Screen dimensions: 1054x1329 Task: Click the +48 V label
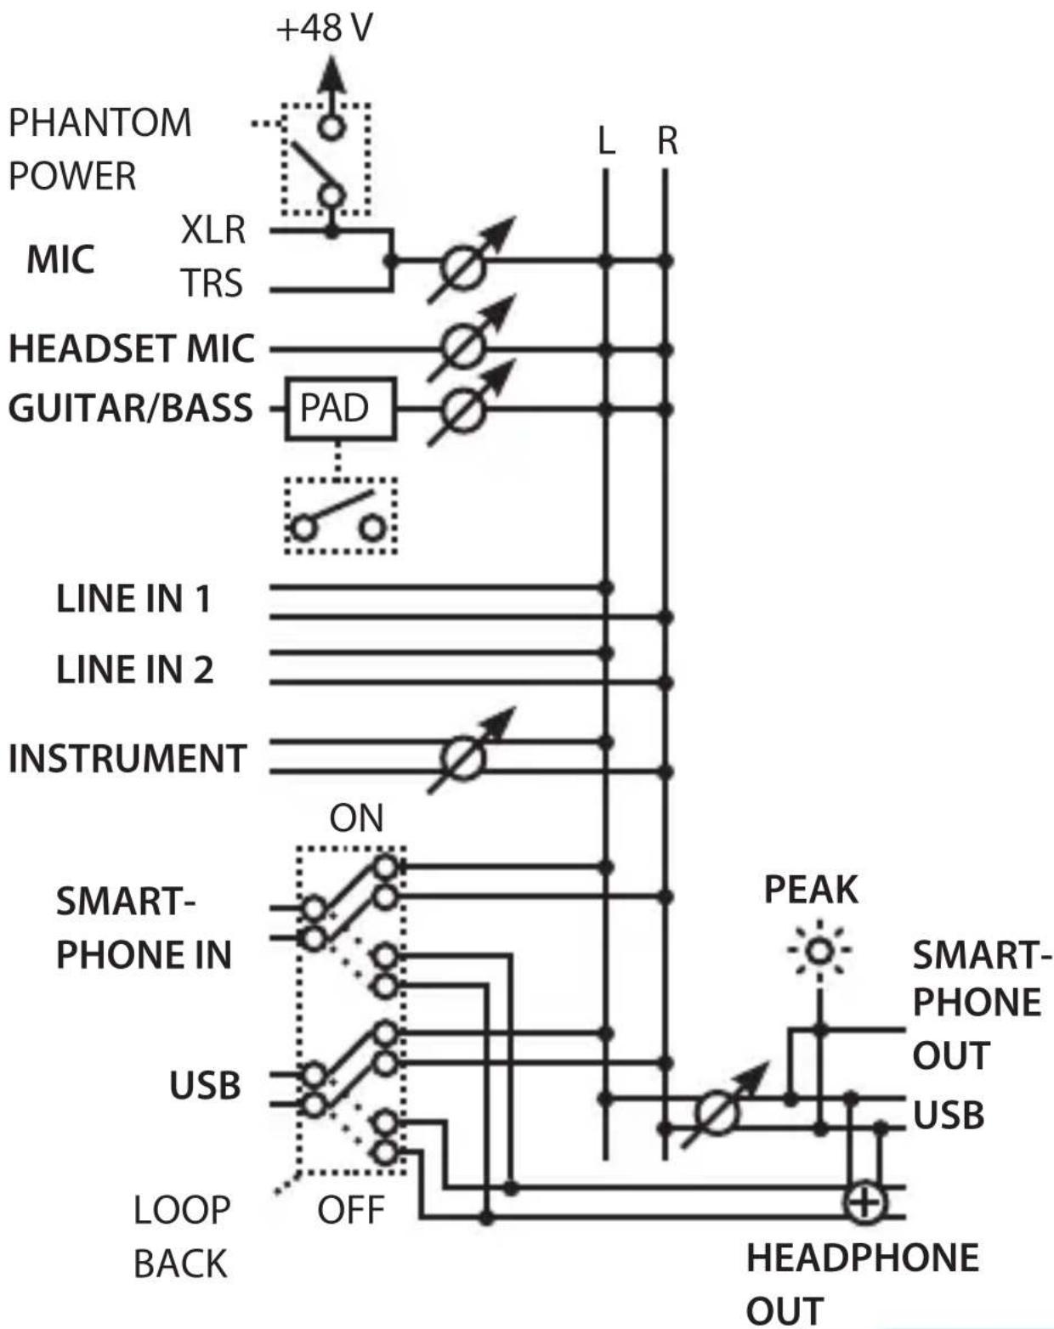pyautogui.click(x=325, y=28)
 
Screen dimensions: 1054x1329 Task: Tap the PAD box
pyautogui.click(x=340, y=408)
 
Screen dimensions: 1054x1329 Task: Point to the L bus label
pyautogui.click(x=606, y=141)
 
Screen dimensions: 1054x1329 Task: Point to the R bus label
pyautogui.click(x=667, y=141)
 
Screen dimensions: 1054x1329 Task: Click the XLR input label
pyautogui.click(x=213, y=229)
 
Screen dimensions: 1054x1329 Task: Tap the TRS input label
pyautogui.click(x=212, y=284)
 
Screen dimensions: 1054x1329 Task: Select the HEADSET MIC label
pyautogui.click(x=132, y=348)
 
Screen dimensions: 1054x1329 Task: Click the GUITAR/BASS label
pyautogui.click(x=130, y=408)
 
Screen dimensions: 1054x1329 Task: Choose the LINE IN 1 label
pyautogui.click(x=133, y=598)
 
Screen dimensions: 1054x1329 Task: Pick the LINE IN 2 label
pyautogui.click(x=134, y=670)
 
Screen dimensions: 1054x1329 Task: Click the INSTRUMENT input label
pyautogui.click(x=127, y=758)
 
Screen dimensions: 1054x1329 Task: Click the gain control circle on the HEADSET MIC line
pyautogui.click(x=462, y=348)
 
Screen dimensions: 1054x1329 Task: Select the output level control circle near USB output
pyautogui.click(x=717, y=1113)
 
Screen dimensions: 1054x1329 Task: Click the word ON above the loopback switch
pyautogui.click(x=356, y=818)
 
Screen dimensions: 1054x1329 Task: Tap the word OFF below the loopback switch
pyautogui.click(x=351, y=1210)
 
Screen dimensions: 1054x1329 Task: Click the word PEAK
pyautogui.click(x=811, y=890)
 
